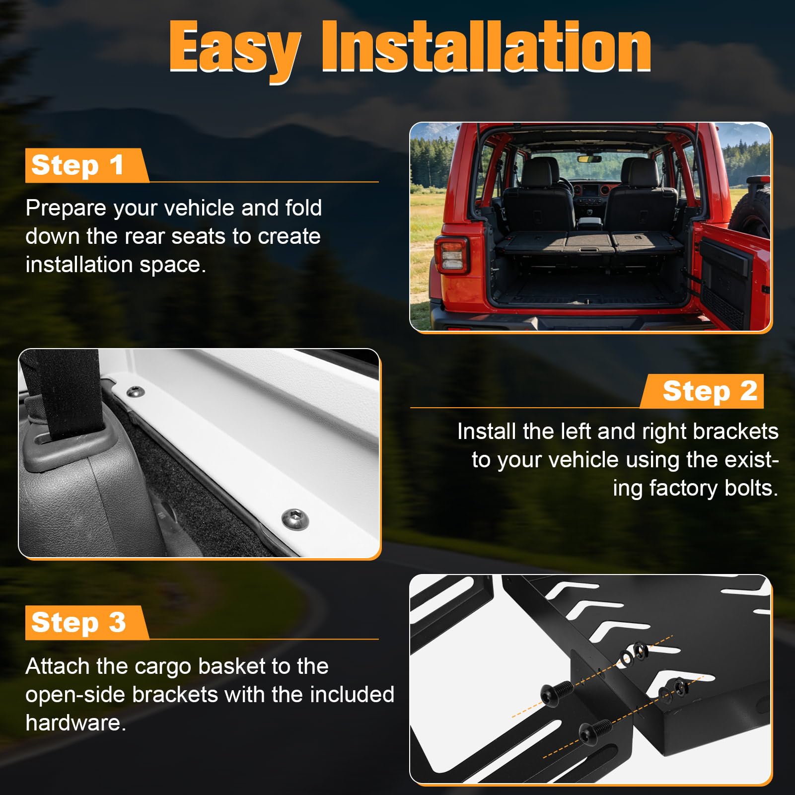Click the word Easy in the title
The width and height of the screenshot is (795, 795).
coord(235,50)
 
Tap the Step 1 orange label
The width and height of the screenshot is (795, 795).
coord(86,165)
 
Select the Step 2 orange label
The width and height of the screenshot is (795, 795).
coord(702,391)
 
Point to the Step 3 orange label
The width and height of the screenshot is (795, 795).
coord(86,622)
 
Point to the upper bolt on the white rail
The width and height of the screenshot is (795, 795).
coord(135,392)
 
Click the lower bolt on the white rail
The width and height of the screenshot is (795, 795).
coord(295,520)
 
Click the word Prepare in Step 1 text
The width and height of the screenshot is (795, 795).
coord(66,209)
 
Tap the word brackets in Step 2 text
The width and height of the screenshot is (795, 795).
coord(736,431)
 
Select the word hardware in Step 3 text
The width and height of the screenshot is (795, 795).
coord(73,723)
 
